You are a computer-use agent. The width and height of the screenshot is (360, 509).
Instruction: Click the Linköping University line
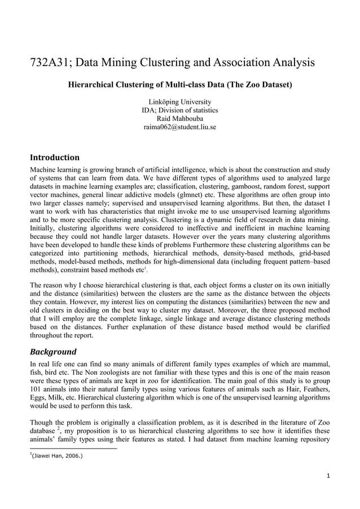click(x=179, y=102)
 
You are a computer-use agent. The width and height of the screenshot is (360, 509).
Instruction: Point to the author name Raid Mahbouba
click(x=179, y=119)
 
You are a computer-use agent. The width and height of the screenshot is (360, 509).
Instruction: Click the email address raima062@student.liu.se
click(x=179, y=127)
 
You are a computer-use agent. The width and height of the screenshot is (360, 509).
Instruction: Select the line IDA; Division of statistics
click(x=179, y=110)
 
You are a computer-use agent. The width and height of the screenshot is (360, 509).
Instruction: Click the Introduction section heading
click(x=54, y=157)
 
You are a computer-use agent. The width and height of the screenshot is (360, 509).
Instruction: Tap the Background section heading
click(x=53, y=351)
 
